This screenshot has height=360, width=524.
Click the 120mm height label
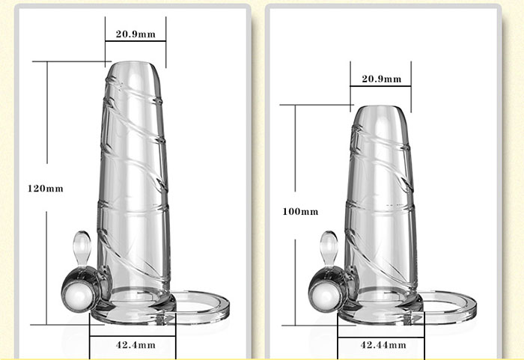click(46, 189)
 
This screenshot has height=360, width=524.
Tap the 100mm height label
click(300, 212)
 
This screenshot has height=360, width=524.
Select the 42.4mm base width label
click(135, 344)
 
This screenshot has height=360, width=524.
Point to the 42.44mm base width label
click(383, 344)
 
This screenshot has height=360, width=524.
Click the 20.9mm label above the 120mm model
click(135, 34)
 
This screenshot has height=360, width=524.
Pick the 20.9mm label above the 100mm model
click(382, 79)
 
